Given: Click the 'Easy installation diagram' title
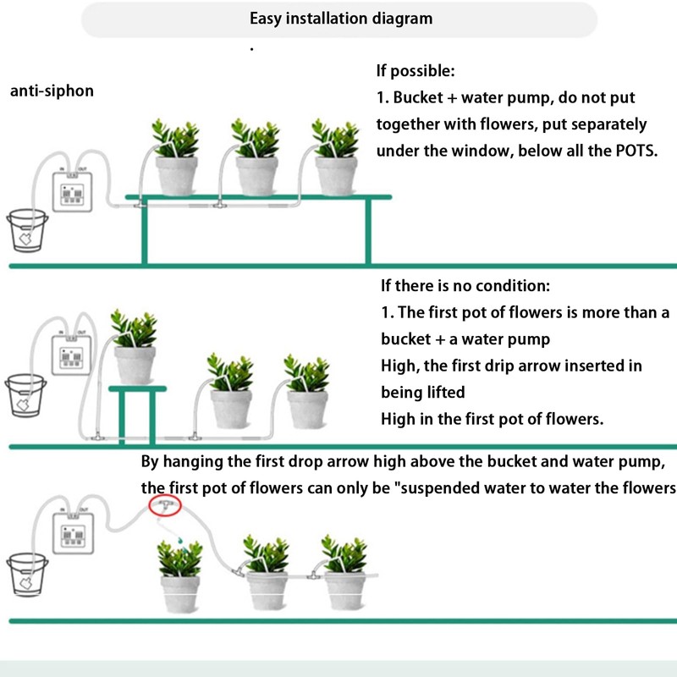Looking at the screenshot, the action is tap(341, 19).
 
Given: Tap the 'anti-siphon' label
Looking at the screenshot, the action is tap(52, 91).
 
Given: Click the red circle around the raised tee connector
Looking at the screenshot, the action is tap(165, 505).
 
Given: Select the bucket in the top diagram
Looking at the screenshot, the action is tap(27, 230).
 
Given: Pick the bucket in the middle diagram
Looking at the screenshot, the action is tap(25, 395).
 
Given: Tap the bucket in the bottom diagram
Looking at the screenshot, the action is tap(27, 575).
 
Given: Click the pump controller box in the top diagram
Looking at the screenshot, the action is tap(72, 192).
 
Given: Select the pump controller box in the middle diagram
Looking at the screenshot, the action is tap(71, 355).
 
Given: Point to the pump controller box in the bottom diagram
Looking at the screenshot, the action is tap(73, 533).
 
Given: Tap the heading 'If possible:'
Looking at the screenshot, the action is tap(416, 71).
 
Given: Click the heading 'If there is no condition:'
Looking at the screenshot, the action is tap(465, 286).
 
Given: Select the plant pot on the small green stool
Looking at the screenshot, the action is tap(135, 365).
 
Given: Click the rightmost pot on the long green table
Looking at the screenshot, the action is tap(336, 176).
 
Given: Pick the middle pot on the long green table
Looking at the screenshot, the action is tap(257, 176).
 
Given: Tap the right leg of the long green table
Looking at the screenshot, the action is tap(368, 231).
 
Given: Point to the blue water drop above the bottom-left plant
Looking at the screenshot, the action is tap(179, 539).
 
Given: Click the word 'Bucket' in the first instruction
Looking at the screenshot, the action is tap(418, 97).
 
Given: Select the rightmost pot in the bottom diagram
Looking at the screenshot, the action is tap(344, 591).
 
